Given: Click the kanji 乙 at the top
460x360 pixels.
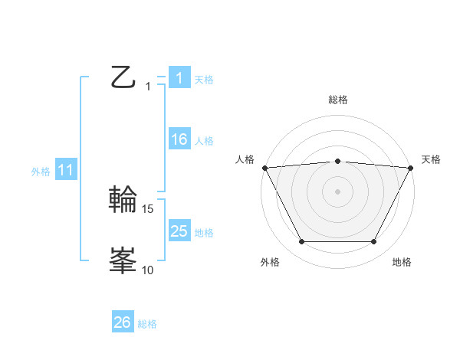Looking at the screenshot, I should click(x=123, y=78).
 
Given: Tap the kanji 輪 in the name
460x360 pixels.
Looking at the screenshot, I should click(x=123, y=201).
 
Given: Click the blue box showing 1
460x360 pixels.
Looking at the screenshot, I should click(x=179, y=78).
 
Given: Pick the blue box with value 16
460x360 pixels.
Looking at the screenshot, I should click(x=179, y=139).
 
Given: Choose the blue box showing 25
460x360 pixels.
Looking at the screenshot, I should click(x=179, y=231).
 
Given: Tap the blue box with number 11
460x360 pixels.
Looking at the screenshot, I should click(x=65, y=171).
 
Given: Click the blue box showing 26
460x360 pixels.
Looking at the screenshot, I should click(x=123, y=323).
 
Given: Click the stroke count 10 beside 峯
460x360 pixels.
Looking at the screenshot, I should click(x=148, y=270).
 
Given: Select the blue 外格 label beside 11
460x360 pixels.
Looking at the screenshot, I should click(x=41, y=172).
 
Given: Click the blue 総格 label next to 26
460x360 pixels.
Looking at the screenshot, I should click(x=147, y=324).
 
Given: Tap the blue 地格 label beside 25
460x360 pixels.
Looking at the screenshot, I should click(x=204, y=232).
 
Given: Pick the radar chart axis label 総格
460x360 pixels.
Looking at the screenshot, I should click(x=337, y=100).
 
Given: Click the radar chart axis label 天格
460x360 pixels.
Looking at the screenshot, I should click(x=431, y=159).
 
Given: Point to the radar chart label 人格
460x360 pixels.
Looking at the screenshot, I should click(x=245, y=159).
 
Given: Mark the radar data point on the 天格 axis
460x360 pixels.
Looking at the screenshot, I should click(x=411, y=168).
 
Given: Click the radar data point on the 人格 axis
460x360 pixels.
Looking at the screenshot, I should click(x=264, y=168).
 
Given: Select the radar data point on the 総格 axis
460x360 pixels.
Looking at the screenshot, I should click(x=337, y=161).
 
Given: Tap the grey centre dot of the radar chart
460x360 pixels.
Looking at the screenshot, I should click(x=337, y=191).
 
